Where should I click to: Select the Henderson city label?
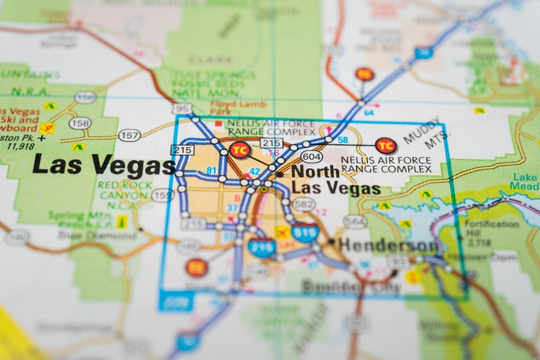pyautogui.click(x=388, y=245)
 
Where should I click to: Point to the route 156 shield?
pyautogui.click(x=85, y=97)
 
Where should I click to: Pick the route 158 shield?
pyautogui.click(x=80, y=122)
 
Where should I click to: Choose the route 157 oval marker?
pyautogui.click(x=130, y=135)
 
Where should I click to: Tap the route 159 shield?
pyautogui.click(x=162, y=195)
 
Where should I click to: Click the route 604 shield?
pyautogui.click(x=311, y=156)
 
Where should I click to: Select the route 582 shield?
pyautogui.click(x=304, y=204)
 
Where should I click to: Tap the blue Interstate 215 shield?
pyautogui.click(x=262, y=247)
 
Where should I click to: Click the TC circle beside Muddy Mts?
pyautogui.click(x=386, y=145)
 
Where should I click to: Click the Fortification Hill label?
pyautogui.click(x=491, y=228)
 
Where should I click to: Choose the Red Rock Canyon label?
pyautogui.click(x=122, y=190)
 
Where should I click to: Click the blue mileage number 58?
pyautogui.click(x=343, y=140)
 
